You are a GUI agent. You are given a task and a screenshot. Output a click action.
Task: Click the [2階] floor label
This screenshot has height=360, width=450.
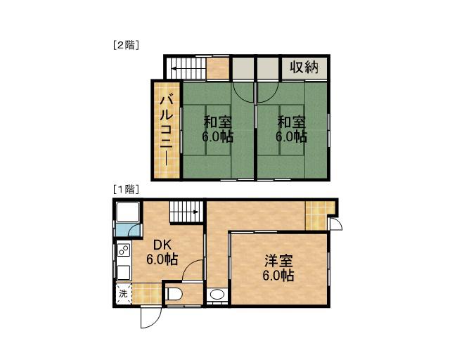pyautogui.click(x=126, y=45)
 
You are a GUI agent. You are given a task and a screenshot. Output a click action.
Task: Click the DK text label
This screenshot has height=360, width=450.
pyautogui.click(x=162, y=245)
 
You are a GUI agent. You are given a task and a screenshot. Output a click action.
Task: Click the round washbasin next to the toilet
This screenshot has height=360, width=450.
pyautogui.click(x=218, y=295)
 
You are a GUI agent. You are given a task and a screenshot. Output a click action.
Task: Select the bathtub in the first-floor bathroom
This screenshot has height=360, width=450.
pyautogui.click(x=127, y=214)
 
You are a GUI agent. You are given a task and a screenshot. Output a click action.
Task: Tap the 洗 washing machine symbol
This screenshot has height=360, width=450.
pyautogui.click(x=123, y=294)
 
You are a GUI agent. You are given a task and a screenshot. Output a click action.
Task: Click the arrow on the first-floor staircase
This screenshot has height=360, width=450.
pyautogui.click(x=184, y=209)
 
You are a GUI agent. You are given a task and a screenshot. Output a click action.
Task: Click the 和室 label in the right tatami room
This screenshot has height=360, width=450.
pyautogui.click(x=291, y=121)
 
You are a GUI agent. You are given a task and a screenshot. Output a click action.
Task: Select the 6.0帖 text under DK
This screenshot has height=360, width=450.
pyautogui.click(x=162, y=259)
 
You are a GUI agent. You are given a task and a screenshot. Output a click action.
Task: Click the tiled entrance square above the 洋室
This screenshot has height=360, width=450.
pyautogui.click(x=316, y=214)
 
